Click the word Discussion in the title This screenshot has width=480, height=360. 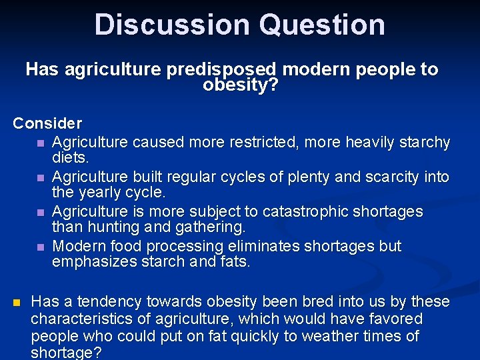(172, 25)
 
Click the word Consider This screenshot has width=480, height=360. (47, 123)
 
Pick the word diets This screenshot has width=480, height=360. (70, 159)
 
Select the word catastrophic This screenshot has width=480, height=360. (305, 211)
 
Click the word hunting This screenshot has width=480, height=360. (114, 228)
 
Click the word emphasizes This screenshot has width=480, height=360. (94, 263)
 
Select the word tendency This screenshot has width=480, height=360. (107, 301)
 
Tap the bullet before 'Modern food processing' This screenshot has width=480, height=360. (41, 247)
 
